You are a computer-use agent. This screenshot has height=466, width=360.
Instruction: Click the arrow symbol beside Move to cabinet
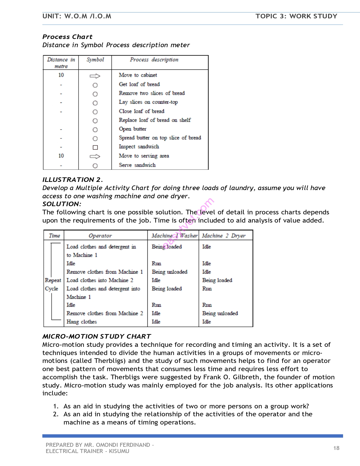(95, 76)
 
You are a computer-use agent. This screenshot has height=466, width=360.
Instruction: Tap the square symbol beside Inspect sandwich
(95, 147)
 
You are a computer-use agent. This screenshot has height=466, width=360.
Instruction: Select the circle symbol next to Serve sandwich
(95, 166)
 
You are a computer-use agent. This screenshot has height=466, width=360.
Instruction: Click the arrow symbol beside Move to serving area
(95, 156)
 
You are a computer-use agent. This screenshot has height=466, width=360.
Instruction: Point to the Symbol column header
(95, 60)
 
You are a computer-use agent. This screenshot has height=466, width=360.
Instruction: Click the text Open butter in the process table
(132, 129)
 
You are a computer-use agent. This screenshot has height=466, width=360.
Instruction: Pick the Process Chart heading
(67, 37)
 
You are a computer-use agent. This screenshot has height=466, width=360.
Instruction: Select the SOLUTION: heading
(62, 204)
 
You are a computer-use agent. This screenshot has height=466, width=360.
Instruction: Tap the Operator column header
(100, 236)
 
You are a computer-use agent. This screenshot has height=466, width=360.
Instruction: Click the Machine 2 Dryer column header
(224, 236)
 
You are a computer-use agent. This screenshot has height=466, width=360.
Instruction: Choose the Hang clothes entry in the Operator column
(82, 322)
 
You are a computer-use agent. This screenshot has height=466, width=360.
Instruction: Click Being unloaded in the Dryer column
(220, 313)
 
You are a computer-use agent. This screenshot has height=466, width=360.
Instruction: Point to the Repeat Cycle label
(53, 284)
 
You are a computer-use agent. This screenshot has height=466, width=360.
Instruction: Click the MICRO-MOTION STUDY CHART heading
(97, 336)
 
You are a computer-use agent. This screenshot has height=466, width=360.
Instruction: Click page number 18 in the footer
(336, 448)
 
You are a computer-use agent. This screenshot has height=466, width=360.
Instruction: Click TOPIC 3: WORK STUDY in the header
(296, 16)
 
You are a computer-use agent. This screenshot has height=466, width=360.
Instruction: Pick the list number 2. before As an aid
(56, 414)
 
